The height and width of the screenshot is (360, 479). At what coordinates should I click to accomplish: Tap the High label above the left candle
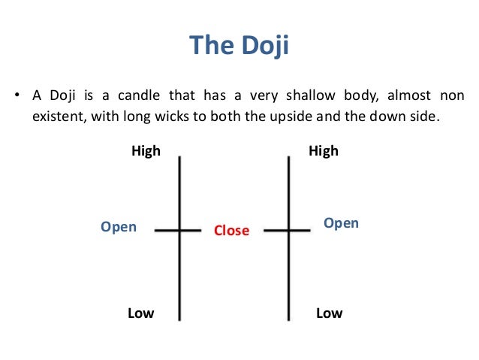click(x=146, y=151)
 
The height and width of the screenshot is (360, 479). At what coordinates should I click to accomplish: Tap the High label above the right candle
click(x=324, y=151)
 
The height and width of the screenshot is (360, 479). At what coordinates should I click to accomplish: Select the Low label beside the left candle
click(x=140, y=313)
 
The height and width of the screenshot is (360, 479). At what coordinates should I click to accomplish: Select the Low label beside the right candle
click(x=329, y=313)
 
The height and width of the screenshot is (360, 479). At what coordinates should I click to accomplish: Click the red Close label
click(x=231, y=231)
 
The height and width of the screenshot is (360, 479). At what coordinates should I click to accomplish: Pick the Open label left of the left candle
click(x=119, y=226)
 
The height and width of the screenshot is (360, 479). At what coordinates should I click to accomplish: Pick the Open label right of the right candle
click(x=341, y=223)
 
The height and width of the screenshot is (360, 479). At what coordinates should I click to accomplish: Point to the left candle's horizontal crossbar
click(x=179, y=230)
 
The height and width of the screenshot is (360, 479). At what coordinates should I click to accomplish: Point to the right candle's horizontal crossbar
click(x=288, y=230)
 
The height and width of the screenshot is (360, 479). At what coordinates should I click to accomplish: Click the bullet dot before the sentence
click(x=15, y=96)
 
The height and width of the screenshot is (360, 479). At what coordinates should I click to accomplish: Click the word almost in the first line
click(x=412, y=96)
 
